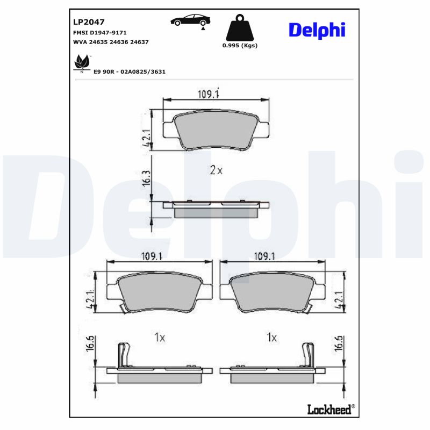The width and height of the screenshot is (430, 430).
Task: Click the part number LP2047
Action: coord(85,23)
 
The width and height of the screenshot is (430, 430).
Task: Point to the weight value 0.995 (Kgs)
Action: coord(240,46)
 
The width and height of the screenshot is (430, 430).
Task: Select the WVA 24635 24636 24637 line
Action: coord(110,41)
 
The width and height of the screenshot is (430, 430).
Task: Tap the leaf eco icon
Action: coord(81,64)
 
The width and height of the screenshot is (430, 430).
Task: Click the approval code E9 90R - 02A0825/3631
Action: coord(129,71)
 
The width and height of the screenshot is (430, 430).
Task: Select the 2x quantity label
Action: coord(216,170)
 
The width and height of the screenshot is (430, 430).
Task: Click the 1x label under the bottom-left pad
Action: coord(159,338)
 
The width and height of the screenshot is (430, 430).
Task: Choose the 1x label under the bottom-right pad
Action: coord(271,338)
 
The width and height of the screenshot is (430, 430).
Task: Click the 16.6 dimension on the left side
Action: coord(90,343)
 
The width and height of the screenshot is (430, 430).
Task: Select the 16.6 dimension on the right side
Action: coord(339,343)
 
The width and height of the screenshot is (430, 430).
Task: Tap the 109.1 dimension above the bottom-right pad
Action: coord(263,256)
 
